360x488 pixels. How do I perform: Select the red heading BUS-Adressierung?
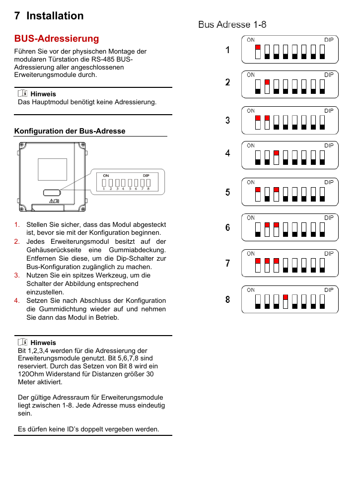click(x=57, y=39)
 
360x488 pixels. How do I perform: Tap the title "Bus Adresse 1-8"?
click(x=232, y=24)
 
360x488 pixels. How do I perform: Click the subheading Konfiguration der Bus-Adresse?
click(x=70, y=131)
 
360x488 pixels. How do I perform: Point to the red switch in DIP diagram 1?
click(x=258, y=48)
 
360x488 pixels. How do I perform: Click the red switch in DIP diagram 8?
click(x=286, y=297)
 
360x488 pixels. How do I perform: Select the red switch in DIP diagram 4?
click(x=276, y=153)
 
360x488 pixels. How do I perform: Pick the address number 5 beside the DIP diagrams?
click(x=227, y=192)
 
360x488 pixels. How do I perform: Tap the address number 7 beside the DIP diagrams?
click(x=227, y=264)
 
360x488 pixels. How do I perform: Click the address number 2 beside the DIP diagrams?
click(x=227, y=82)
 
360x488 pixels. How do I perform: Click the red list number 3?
click(x=17, y=275)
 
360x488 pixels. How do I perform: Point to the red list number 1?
click(x=17, y=224)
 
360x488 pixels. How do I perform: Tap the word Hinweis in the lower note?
click(x=43, y=343)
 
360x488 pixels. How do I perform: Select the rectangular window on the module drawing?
click(x=52, y=170)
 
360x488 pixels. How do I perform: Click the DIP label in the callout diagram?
click(x=146, y=175)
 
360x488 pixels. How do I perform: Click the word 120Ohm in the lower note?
click(x=31, y=374)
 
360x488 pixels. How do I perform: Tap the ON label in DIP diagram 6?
click(x=251, y=217)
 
